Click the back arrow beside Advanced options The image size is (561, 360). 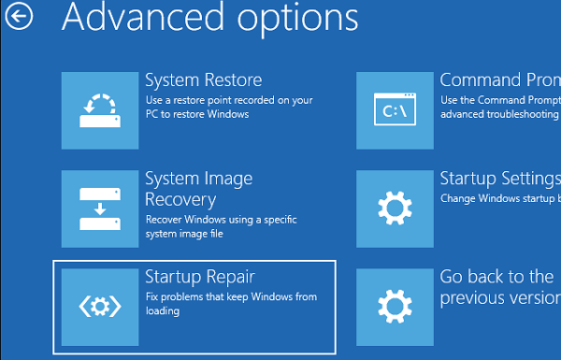[19, 16]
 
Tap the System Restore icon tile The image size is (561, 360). [98, 110]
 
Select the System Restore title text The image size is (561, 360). [203, 80]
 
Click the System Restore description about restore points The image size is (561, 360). [228, 108]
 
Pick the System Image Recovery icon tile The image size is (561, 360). [98, 208]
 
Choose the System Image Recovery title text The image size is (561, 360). [198, 188]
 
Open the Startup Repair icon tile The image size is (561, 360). [98, 306]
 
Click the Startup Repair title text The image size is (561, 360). [200, 277]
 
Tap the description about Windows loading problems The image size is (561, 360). [231, 304]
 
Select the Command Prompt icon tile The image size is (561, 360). [394, 110]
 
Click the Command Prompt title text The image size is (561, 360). [499, 80]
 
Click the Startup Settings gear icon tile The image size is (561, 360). [394, 208]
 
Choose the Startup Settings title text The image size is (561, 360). [499, 179]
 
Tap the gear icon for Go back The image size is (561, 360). [394, 306]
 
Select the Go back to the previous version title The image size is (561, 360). [499, 287]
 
